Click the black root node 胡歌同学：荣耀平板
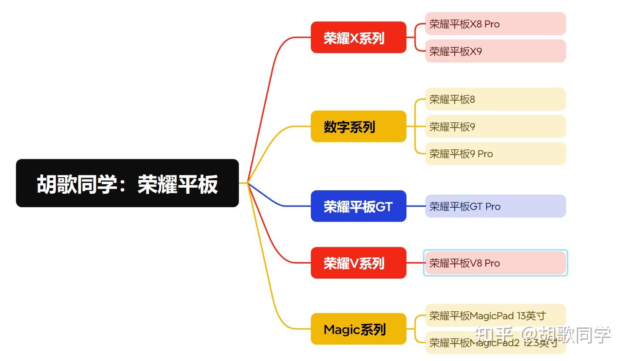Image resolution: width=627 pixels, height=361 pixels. pyautogui.click(x=127, y=183)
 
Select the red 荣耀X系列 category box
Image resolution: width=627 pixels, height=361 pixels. pyautogui.click(x=358, y=37)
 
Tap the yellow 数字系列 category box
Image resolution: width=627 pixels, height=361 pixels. pyautogui.click(x=358, y=126)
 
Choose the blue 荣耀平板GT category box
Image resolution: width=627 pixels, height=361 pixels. pyautogui.click(x=358, y=206)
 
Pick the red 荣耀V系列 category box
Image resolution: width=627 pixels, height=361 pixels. pyautogui.click(x=358, y=263)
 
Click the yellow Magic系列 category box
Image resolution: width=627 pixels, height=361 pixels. pyautogui.click(x=358, y=329)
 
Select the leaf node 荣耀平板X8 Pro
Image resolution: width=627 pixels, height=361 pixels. pyautogui.click(x=495, y=24)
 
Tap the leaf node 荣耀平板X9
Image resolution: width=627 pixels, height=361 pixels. pyautogui.click(x=495, y=51)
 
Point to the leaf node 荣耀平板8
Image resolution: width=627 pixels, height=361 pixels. pyautogui.click(x=495, y=99)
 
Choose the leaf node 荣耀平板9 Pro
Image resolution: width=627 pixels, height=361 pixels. pyautogui.click(x=495, y=154)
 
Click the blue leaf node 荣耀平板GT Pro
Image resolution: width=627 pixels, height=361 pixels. pyautogui.click(x=495, y=206)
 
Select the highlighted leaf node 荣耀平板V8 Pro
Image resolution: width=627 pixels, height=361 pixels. pyautogui.click(x=495, y=263)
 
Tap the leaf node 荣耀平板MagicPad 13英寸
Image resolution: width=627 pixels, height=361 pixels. pyautogui.click(x=495, y=315)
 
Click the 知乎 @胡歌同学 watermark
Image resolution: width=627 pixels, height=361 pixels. pyautogui.click(x=543, y=334)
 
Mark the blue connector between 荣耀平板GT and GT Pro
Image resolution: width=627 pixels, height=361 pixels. pyautogui.click(x=416, y=206)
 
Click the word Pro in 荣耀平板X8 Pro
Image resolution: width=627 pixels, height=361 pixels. pyautogui.click(x=492, y=24)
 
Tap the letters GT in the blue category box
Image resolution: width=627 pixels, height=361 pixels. pyautogui.click(x=384, y=206)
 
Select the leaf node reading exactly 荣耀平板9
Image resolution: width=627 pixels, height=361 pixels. pyautogui.click(x=495, y=127)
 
